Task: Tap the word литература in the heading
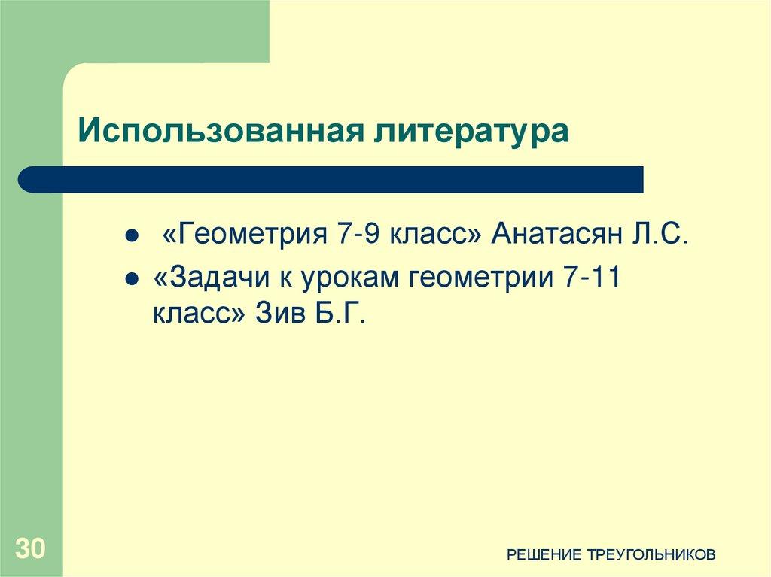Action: pos(468,132)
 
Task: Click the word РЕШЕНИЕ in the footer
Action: pos(541,555)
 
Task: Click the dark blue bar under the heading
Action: pos(331,179)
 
